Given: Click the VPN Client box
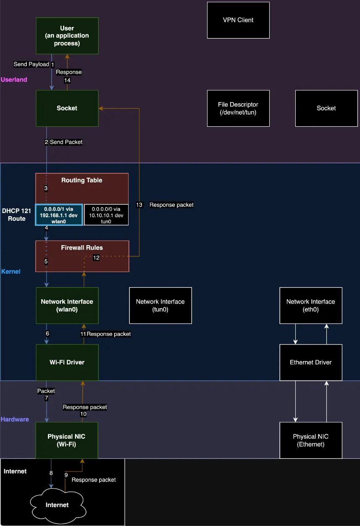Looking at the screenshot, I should tap(238, 20).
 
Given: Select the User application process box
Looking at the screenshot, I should tap(67, 36).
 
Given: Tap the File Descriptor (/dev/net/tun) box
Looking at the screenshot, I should tap(238, 108).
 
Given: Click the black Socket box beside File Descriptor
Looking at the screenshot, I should tap(326, 108).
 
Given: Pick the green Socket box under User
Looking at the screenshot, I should tap(67, 108).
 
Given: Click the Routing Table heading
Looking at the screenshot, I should tap(82, 181).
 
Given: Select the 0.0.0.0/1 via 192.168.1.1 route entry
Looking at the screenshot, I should tap(59, 215).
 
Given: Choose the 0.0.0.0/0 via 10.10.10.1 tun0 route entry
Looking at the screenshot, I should tap(106, 215).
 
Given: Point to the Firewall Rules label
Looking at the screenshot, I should tap(82, 248).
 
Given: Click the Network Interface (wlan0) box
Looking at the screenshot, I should tap(67, 305).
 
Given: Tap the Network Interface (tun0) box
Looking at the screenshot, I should tap(160, 305).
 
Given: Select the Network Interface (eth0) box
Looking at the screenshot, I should tap(311, 305).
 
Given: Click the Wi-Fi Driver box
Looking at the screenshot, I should tap(67, 362).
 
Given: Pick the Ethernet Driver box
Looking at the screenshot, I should tap(311, 362).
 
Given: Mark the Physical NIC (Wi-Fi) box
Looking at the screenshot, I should tap(67, 440).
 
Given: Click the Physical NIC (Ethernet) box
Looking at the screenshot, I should tap(311, 440).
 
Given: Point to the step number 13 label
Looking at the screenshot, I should tap(139, 205).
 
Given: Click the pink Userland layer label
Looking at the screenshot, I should tap(14, 80).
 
